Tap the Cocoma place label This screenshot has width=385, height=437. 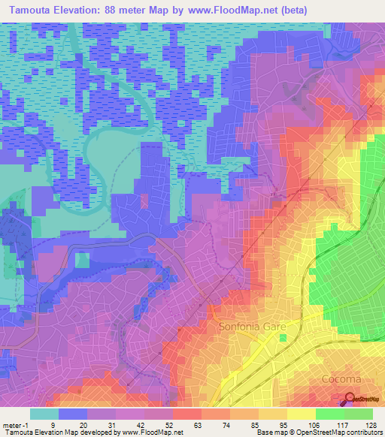click(341, 378)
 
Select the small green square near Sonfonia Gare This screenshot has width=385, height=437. click(283, 339)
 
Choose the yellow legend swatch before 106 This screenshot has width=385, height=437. click(301, 414)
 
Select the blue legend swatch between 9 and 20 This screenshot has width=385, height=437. click(72, 414)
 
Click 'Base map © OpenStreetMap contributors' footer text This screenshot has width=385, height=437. click(317, 432)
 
